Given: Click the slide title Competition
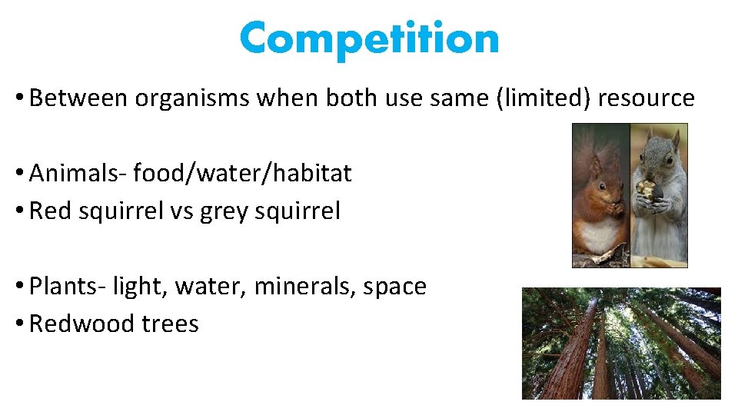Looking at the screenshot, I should click(369, 38).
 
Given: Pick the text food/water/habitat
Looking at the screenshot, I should click(242, 174).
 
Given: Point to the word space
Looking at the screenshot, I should click(395, 287).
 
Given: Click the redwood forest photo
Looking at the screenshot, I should click(621, 344).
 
